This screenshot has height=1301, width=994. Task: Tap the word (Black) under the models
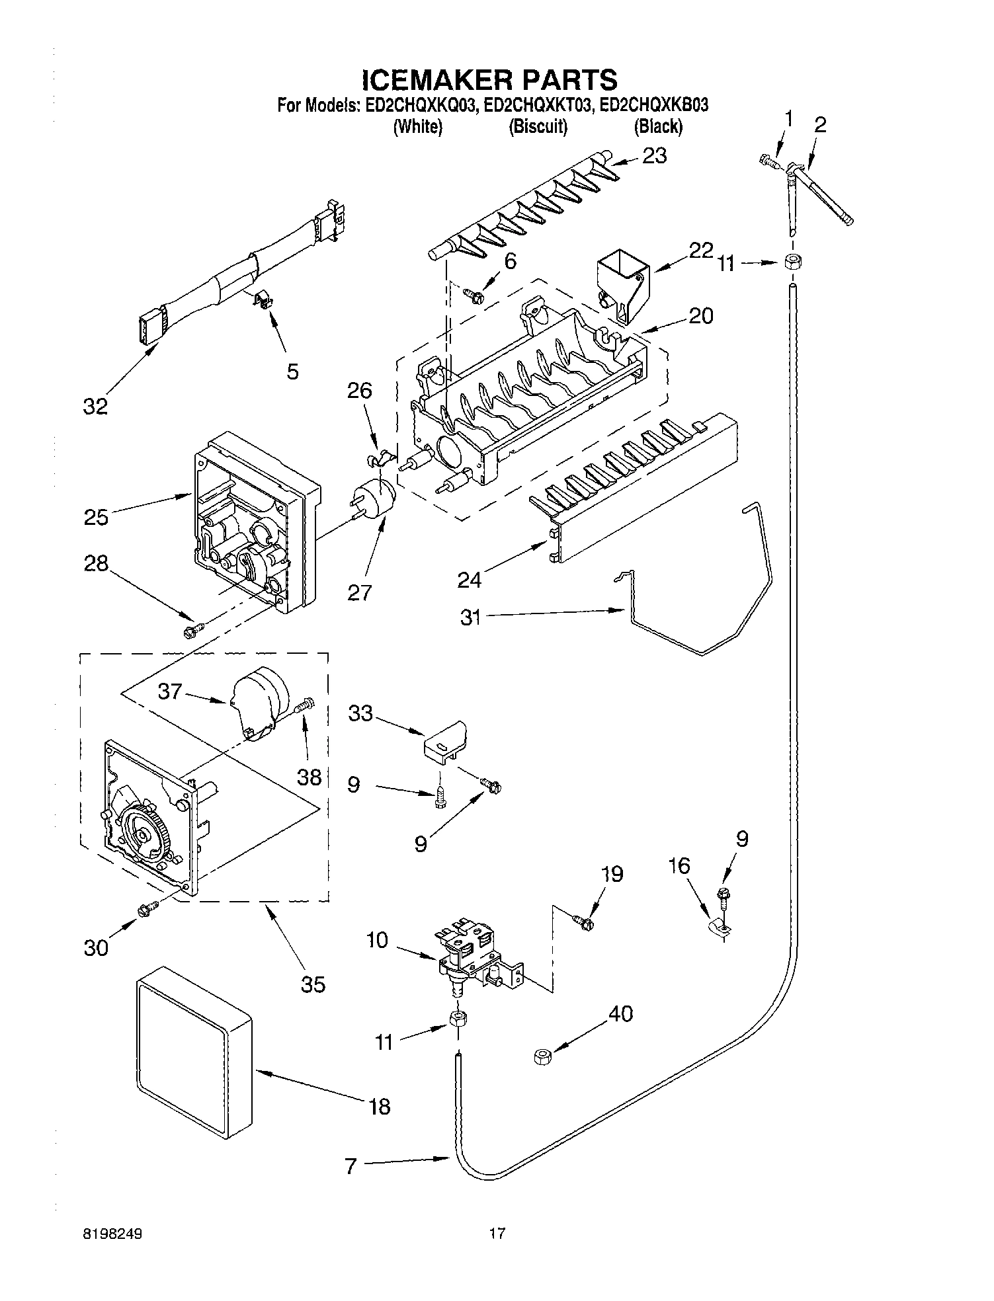(x=658, y=126)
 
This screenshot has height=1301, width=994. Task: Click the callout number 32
(x=95, y=406)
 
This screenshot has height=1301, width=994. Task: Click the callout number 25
(x=96, y=516)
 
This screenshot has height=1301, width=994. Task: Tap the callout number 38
(x=310, y=776)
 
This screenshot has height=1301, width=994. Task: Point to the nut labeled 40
(x=542, y=1057)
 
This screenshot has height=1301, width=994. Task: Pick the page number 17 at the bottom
(x=497, y=1233)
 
